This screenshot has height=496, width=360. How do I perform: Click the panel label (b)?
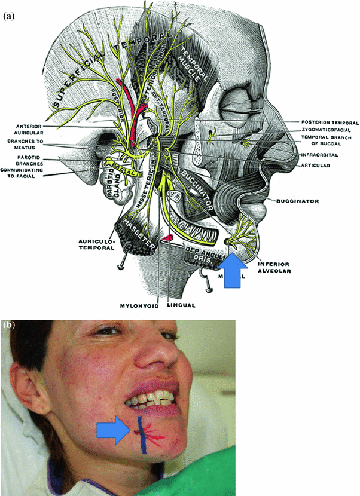pos(8,325)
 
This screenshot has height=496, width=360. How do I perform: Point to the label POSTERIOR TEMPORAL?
pos(327,122)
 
